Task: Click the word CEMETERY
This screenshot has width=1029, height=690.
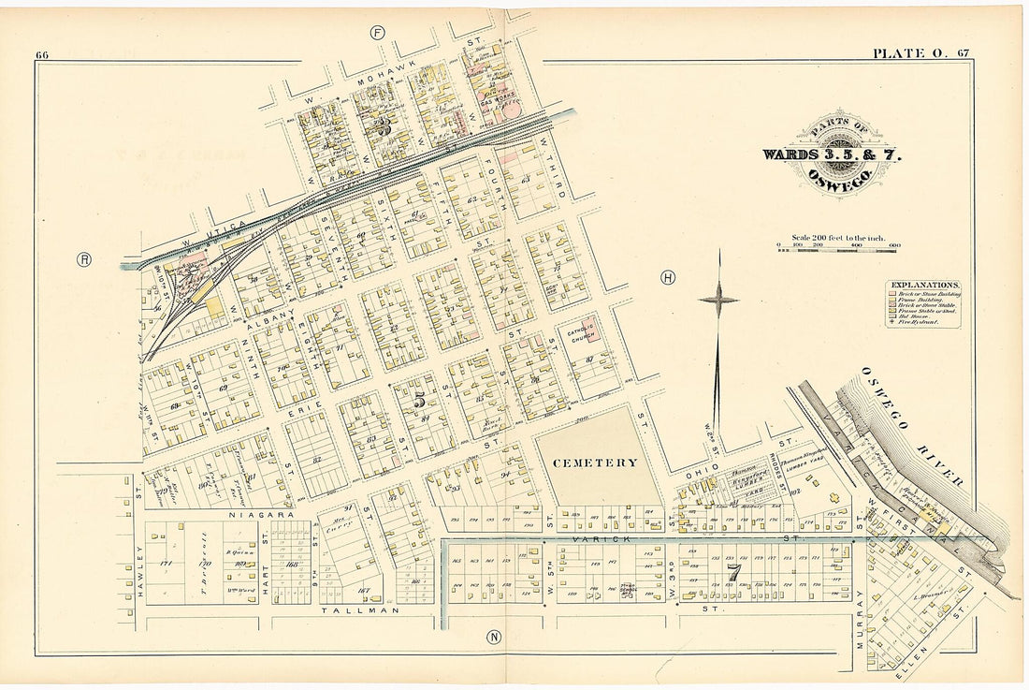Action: [x=595, y=462]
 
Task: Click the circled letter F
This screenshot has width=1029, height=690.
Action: [x=378, y=33]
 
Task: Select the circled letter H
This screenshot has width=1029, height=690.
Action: [x=667, y=277]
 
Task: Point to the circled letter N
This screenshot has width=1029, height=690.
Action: [x=493, y=638]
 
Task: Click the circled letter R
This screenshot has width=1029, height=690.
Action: [x=84, y=259]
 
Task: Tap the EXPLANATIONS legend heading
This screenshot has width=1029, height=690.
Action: [x=924, y=284]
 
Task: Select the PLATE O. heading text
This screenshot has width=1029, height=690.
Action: [x=906, y=53]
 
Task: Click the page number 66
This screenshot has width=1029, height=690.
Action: [x=42, y=54]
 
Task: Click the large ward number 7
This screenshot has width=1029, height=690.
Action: [x=734, y=571]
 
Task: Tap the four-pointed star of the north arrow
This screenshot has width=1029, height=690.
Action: [x=718, y=300]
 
